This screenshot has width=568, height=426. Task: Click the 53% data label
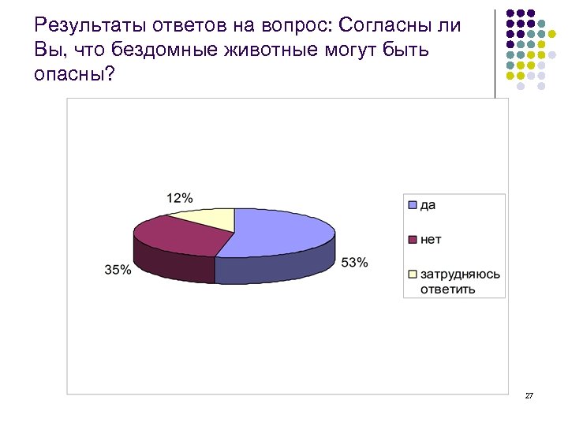pyautogui.click(x=354, y=263)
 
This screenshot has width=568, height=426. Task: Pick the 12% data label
pyautogui.click(x=179, y=197)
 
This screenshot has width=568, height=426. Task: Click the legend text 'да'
pyautogui.click(x=428, y=205)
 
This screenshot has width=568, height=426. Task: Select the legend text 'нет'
pyautogui.click(x=431, y=238)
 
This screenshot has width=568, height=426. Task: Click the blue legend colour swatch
pyautogui.click(x=412, y=206)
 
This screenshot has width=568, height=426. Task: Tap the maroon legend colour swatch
pyautogui.click(x=412, y=238)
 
